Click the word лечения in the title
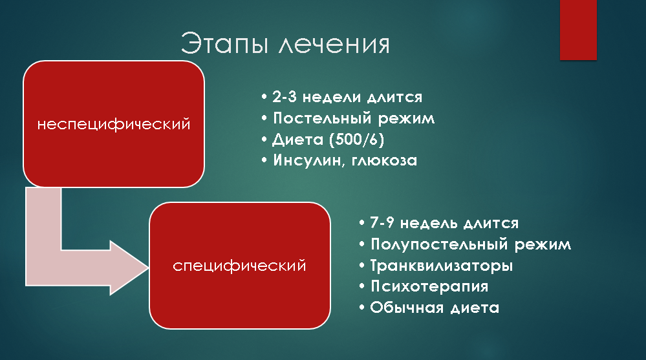tap(334, 45)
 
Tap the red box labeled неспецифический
tap(114, 124)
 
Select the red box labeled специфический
tap(240, 266)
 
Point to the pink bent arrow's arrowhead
tap(129, 268)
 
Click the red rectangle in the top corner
tap(578, 30)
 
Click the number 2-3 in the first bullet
tap(285, 97)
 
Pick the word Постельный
tap(322, 118)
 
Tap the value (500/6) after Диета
tap(357, 140)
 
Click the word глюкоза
tap(384, 161)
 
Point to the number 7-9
tap(382, 223)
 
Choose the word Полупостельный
tap(439, 244)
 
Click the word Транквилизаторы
tap(442, 265)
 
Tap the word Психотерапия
tap(429, 286)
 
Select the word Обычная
tap(407, 307)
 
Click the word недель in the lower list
tap(429, 223)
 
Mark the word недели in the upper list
tap(332, 97)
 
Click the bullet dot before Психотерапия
tap(361, 286)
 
